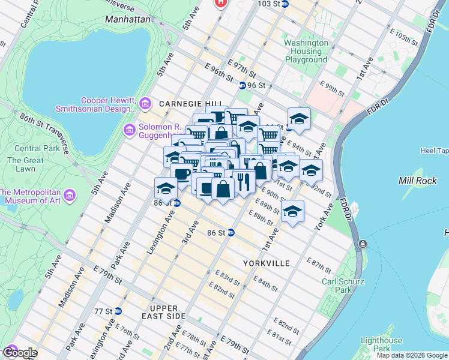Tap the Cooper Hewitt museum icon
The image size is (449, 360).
[x=145, y=105]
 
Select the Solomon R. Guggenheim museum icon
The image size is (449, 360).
[x=129, y=130]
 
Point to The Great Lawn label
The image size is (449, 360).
[x=25, y=165]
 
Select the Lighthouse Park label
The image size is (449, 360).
[x=381, y=344]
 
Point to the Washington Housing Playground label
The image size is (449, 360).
[x=306, y=52]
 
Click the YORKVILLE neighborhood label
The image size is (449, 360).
[x=267, y=263]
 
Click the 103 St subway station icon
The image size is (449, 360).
[x=285, y=4]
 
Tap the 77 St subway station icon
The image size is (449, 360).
[x=118, y=311]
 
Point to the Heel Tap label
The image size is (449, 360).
[x=434, y=151]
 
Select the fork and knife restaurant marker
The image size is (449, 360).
[x=243, y=182]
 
